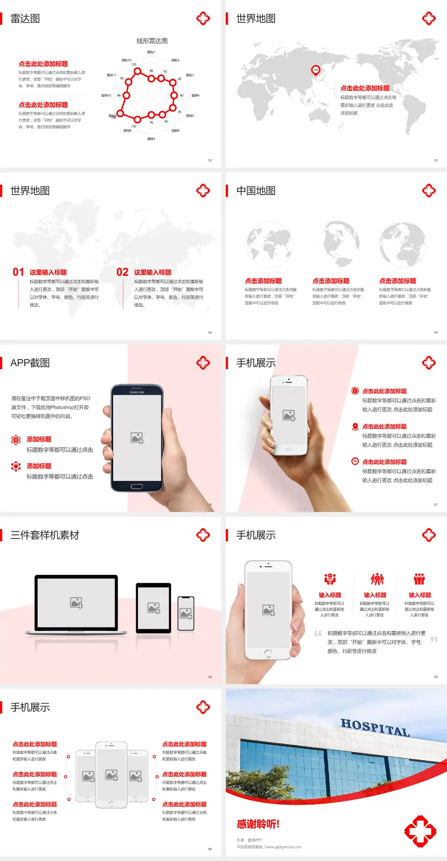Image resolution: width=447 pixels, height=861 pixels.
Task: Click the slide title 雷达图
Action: point(25,19)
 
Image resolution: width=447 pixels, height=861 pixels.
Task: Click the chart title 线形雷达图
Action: point(152,41)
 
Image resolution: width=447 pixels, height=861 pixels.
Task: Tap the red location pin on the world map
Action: point(316,70)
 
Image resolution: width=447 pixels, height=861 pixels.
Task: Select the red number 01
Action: point(18,272)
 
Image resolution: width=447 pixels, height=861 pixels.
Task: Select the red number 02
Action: point(122,272)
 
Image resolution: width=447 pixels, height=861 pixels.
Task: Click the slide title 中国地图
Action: point(256,191)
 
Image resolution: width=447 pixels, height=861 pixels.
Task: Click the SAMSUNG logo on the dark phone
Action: point(137,392)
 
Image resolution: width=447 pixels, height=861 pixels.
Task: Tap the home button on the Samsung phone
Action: point(136,486)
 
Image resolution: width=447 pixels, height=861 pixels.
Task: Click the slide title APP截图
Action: point(30,363)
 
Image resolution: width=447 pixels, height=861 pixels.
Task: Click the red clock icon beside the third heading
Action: point(355,461)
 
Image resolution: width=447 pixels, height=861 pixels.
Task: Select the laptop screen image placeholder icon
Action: point(76,603)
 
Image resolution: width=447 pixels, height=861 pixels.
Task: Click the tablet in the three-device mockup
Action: point(154,607)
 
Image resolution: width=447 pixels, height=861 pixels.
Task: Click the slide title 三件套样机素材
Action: point(45,535)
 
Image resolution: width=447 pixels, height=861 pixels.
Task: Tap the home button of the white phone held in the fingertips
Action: point(268,653)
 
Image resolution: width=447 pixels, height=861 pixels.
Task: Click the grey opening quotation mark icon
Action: point(318,633)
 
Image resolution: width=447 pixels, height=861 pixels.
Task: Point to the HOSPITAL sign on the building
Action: point(375,726)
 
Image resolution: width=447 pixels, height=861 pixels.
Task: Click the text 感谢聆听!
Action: point(258,824)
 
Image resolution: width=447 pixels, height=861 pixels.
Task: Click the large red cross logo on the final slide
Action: point(420,831)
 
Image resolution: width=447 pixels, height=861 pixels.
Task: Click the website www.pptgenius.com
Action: point(284,847)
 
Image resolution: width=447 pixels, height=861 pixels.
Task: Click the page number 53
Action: point(436,161)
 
